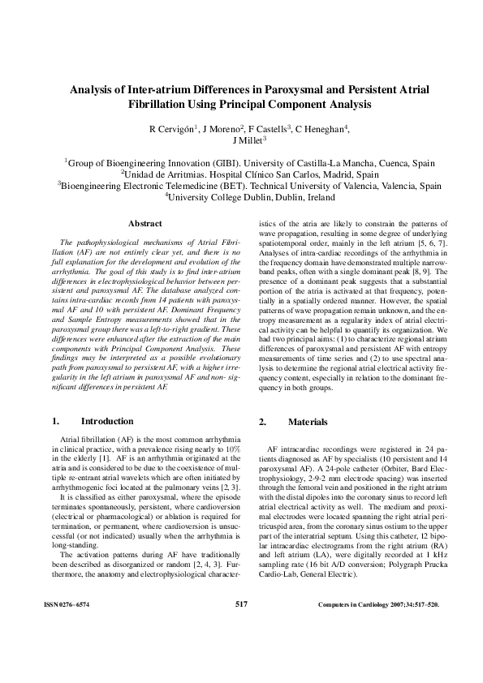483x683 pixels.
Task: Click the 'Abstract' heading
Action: click(144, 223)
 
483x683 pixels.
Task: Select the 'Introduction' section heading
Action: click(106, 421)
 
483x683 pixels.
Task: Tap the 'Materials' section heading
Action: click(308, 421)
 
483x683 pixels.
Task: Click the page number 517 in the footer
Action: click(241, 627)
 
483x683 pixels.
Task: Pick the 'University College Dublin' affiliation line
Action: click(242, 196)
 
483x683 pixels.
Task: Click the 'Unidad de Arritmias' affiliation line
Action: click(242, 174)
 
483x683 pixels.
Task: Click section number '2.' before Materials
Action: click(262, 421)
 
